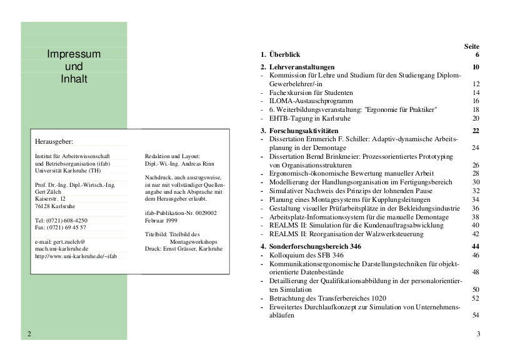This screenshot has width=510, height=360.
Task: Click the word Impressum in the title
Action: pos(73,54)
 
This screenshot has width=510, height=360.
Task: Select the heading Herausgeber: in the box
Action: pos(54,142)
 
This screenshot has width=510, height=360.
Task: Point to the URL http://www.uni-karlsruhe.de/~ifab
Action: pos(76,256)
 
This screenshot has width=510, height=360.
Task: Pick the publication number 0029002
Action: pos(204,213)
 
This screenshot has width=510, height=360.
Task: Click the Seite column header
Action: pos(472,46)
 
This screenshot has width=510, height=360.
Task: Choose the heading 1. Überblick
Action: pos(281,55)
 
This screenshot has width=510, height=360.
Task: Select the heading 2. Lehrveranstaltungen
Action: pos(297,67)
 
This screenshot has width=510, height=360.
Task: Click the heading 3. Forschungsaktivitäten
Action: pos(297,131)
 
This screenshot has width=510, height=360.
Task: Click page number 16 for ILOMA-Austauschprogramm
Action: pos(476,101)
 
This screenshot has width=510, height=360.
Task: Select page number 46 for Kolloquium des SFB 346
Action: pos(476,255)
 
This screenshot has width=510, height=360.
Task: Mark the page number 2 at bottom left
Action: pos(29,334)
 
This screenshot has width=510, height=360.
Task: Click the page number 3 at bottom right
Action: pos(478,334)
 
